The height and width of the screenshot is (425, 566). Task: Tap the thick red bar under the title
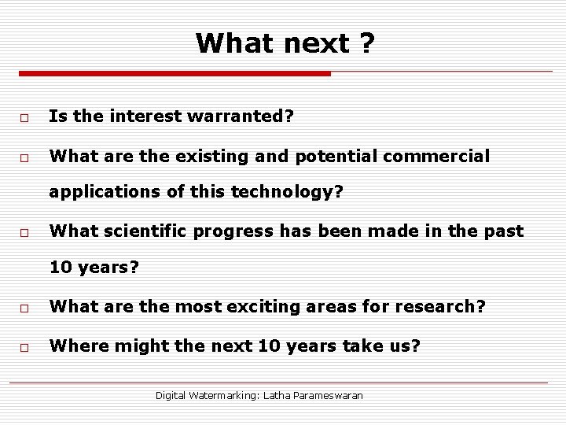pos(175,74)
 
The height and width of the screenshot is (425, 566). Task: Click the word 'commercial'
pos(442,157)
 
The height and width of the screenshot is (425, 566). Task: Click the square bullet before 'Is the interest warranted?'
pos(25,117)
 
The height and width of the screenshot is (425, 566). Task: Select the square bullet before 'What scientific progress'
pos(25,232)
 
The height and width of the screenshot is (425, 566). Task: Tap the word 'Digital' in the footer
pos(171,395)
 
